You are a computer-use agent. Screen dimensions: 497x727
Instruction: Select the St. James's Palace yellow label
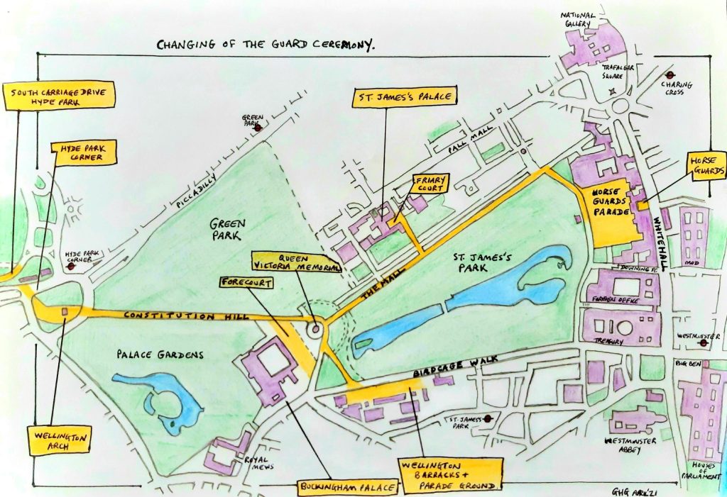coord(403,96)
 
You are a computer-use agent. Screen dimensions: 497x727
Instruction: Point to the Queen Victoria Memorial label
coord(294,262)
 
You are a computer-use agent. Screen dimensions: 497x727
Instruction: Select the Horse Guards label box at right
coord(709,165)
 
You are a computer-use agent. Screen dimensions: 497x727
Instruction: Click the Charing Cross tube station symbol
coord(669,74)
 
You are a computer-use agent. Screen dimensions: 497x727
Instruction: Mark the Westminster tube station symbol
coord(703,344)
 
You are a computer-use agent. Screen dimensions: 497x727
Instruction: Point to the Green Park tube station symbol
coord(259,128)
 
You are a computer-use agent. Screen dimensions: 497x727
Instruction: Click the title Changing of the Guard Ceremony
coord(266,45)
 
